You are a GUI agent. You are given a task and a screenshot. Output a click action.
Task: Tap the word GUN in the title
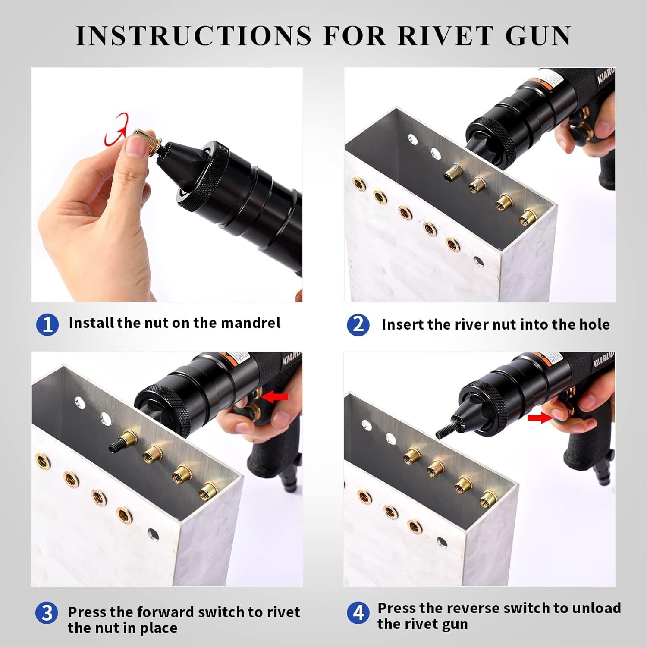(538, 35)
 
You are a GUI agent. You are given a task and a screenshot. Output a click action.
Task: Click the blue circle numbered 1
(47, 324)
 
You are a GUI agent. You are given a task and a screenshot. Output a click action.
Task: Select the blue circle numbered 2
(358, 325)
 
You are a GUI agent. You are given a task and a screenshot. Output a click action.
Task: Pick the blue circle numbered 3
(47, 613)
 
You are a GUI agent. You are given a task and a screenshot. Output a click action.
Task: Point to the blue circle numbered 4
(358, 613)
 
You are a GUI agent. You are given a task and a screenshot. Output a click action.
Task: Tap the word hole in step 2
(594, 324)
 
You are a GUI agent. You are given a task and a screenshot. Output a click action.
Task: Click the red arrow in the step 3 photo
(274, 396)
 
